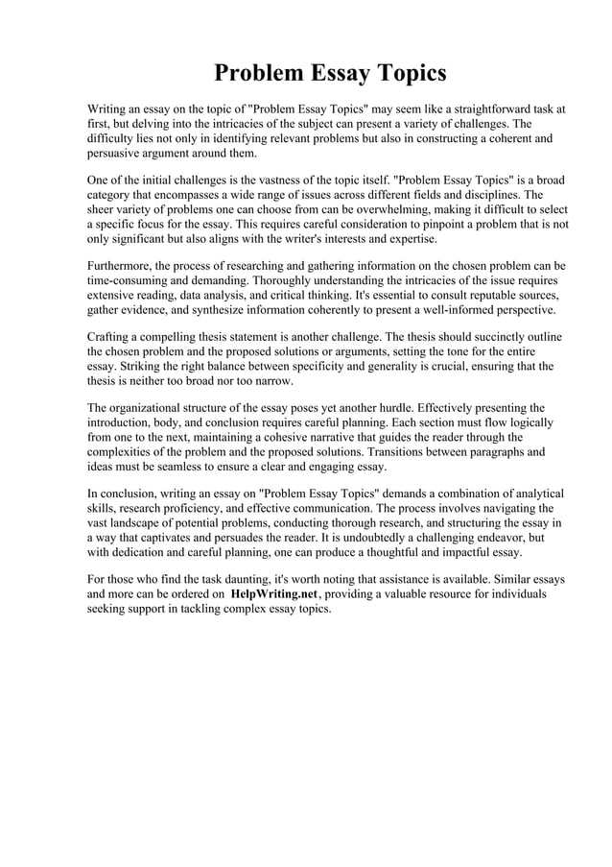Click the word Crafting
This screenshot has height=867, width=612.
tap(111, 337)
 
